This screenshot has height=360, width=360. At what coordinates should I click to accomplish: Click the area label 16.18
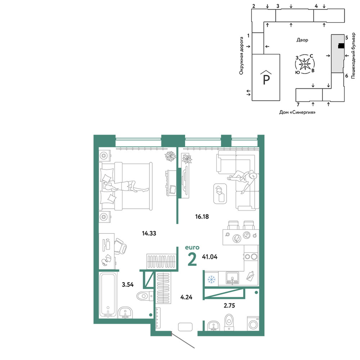[202, 216]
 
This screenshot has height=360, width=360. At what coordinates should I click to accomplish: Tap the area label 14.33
[149, 234]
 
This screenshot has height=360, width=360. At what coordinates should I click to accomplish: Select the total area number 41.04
[210, 257]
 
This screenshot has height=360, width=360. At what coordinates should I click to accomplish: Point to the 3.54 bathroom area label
[128, 285]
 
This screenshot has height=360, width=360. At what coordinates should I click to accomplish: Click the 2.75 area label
[229, 306]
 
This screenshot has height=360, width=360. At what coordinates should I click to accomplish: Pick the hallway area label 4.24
[186, 297]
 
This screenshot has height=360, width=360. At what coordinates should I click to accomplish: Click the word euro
[192, 248]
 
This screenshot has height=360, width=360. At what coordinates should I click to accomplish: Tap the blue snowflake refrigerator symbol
[211, 279]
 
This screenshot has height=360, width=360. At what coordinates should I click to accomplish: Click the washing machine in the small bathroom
[253, 324]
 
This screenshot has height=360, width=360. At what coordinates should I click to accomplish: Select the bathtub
[108, 295]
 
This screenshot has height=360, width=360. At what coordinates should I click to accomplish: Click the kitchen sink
[232, 278]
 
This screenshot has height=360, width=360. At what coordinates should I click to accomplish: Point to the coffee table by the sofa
[220, 194]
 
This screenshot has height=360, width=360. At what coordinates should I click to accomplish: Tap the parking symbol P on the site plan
[266, 78]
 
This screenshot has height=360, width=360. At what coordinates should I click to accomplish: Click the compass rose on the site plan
[305, 64]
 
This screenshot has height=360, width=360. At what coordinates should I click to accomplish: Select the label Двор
[302, 40]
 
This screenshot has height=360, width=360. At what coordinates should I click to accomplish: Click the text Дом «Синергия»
[297, 112]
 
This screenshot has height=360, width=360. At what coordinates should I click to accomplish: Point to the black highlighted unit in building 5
[341, 46]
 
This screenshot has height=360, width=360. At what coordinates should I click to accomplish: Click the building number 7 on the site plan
[298, 105]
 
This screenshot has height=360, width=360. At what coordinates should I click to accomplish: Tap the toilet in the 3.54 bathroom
[145, 296]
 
